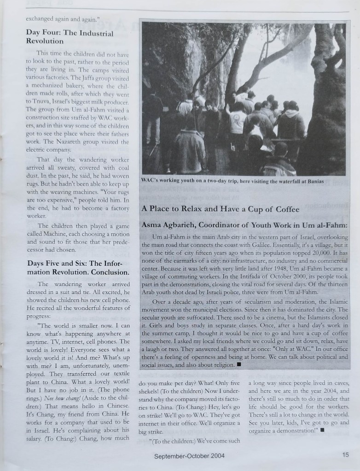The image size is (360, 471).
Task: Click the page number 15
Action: click(x=345, y=455)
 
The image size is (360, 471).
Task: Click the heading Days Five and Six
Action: click(x=78, y=268)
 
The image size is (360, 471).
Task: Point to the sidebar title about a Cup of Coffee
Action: click(x=220, y=209)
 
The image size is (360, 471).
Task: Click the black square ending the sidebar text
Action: click(x=238, y=364)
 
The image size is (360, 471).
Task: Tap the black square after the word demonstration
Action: click(x=322, y=431)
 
